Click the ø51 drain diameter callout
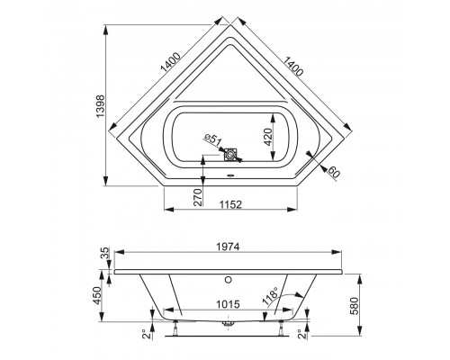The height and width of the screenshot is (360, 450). point(211,140)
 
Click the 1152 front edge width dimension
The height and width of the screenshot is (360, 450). point(231,202)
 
